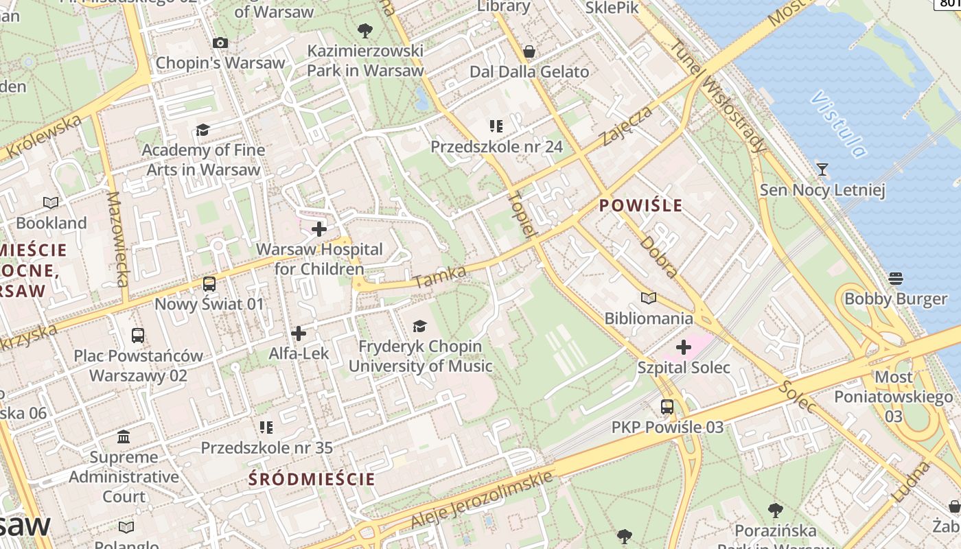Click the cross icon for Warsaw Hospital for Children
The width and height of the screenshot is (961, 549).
pyautogui.click(x=319, y=229)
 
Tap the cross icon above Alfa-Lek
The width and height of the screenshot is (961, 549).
pyautogui.click(x=299, y=334)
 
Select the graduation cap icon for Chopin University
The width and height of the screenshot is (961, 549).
pyautogui.click(x=419, y=326)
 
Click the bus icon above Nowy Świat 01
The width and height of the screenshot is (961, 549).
pyautogui.click(x=209, y=283)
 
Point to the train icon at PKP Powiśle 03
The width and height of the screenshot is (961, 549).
pyautogui.click(x=667, y=407)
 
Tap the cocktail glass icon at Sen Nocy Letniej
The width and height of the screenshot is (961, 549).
pyautogui.click(x=822, y=170)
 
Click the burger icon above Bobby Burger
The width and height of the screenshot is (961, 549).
pyautogui.click(x=895, y=279)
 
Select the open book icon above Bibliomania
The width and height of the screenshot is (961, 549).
pyautogui.click(x=649, y=298)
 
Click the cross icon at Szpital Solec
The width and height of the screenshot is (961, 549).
pyautogui.click(x=683, y=347)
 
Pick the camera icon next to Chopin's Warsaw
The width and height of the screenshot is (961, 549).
pyautogui.click(x=220, y=43)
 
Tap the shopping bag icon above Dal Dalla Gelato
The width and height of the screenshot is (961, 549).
pyautogui.click(x=529, y=51)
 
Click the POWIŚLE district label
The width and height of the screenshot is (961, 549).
pyautogui.click(x=641, y=205)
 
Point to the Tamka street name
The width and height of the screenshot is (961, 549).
pyautogui.click(x=439, y=278)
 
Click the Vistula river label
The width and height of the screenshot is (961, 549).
pyautogui.click(x=837, y=124)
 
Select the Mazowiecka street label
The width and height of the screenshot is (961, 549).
pyautogui.click(x=117, y=239)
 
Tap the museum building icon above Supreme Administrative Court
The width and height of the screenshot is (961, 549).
pyautogui.click(x=124, y=437)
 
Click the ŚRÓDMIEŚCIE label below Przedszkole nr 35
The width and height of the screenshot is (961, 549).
pyautogui.click(x=312, y=479)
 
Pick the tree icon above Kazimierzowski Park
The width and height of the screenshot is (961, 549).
pyautogui.click(x=364, y=31)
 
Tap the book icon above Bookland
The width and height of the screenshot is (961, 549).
pyautogui.click(x=51, y=202)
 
